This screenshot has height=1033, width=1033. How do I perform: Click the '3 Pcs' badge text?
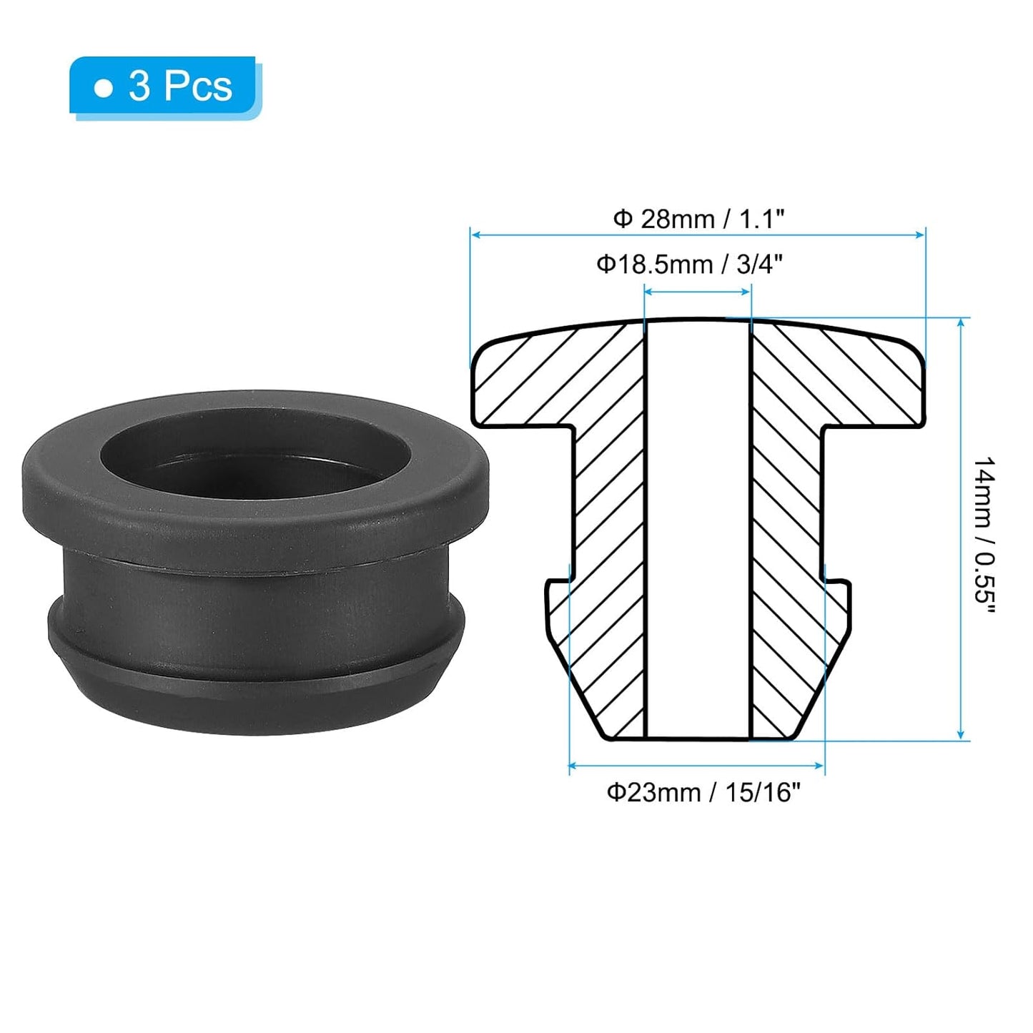click(180, 87)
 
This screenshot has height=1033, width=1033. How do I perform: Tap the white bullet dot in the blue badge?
click(104, 89)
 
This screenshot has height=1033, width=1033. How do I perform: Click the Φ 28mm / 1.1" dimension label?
click(698, 219)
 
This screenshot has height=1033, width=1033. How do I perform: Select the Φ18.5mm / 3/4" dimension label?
click(690, 265)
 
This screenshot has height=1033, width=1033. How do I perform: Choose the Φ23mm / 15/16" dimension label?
click(699, 793)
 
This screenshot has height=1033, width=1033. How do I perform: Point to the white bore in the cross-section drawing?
click(698, 529)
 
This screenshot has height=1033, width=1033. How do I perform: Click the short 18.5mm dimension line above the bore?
click(698, 290)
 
